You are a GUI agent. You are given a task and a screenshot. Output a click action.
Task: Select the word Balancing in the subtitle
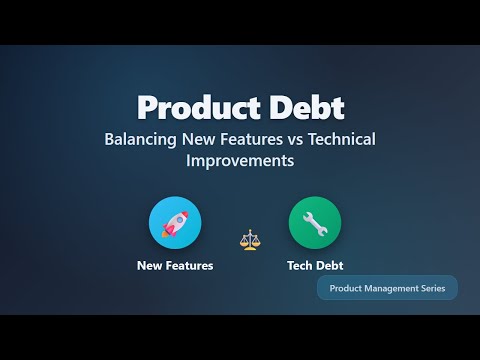pyautogui.click(x=138, y=139)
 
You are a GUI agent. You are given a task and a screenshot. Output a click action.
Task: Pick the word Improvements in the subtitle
pyautogui.click(x=239, y=160)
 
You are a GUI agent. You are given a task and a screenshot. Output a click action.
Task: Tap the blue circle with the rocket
pyautogui.click(x=175, y=222)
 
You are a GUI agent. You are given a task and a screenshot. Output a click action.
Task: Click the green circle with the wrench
pyautogui.click(x=315, y=222)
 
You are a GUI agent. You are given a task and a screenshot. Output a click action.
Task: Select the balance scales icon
pyautogui.click(x=249, y=240)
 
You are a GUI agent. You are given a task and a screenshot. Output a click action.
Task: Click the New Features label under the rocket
pyautogui.click(x=175, y=266)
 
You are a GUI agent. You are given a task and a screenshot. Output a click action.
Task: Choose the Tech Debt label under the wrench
pyautogui.click(x=315, y=266)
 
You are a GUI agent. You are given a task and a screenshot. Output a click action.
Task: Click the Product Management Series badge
pyautogui.click(x=387, y=288)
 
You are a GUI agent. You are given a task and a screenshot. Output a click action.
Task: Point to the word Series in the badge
pyautogui.click(x=427, y=288)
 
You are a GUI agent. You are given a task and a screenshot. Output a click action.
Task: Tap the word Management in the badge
pyautogui.click(x=384, y=288)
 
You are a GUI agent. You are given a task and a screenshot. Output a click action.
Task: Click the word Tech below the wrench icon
pyautogui.click(x=299, y=266)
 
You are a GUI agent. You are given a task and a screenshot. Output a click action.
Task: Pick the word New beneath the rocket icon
pyautogui.click(x=149, y=266)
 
